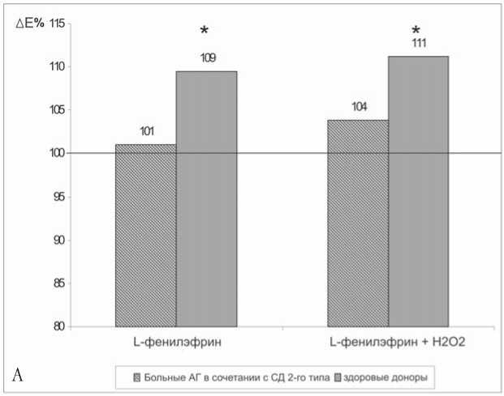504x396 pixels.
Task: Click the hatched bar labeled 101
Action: [x=145, y=235]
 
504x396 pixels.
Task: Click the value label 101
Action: [x=146, y=130]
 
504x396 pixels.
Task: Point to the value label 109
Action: [x=207, y=57]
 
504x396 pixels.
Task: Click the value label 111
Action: [x=418, y=42]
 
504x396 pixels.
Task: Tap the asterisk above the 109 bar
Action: [x=205, y=31]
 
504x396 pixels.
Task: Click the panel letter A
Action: [x=19, y=374]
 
